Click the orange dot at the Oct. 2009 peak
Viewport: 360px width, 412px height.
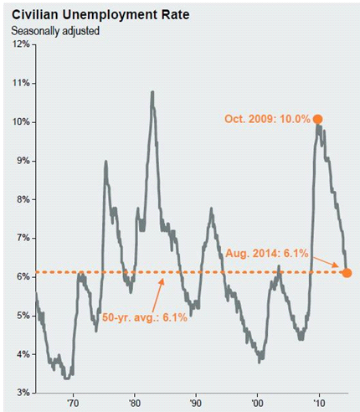click(318, 119)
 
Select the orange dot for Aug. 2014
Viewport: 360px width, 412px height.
click(347, 273)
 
